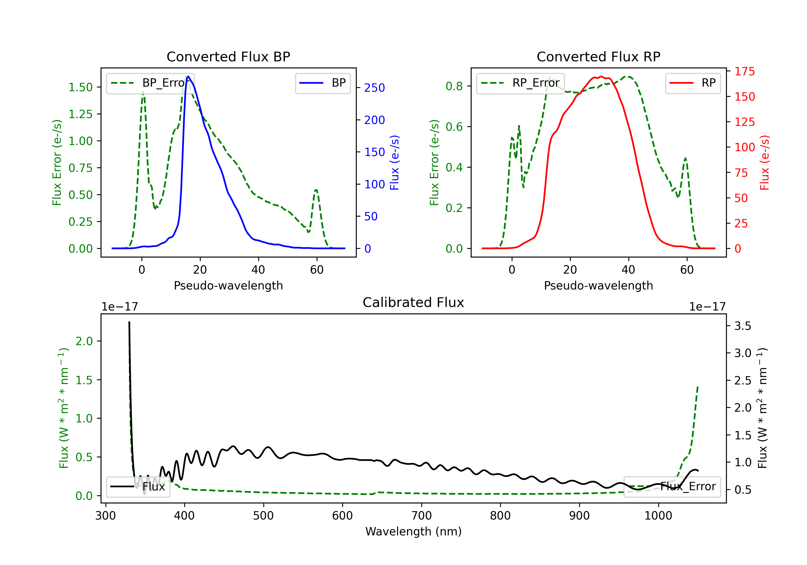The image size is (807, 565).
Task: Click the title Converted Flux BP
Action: click(228, 56)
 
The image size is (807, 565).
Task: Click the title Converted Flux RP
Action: click(599, 56)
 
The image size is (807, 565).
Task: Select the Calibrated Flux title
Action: click(413, 302)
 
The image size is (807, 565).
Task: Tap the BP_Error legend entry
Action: click(150, 83)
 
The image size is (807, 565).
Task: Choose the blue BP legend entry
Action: click(323, 83)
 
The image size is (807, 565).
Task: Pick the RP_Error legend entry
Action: click(520, 83)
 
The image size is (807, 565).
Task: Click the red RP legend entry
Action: click(693, 83)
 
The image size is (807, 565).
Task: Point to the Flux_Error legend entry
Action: click(672, 487)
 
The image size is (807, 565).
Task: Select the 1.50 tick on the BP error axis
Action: click(80, 87)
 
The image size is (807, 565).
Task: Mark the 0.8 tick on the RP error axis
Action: click(454, 86)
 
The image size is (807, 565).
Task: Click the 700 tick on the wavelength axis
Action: click(422, 515)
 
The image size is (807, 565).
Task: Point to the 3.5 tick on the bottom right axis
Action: click(743, 326)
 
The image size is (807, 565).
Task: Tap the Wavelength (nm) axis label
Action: click(413, 531)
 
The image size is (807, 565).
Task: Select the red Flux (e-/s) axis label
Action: click(764, 163)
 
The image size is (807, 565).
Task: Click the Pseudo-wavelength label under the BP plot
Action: click(228, 285)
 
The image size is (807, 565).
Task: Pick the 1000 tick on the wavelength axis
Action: click(658, 515)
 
